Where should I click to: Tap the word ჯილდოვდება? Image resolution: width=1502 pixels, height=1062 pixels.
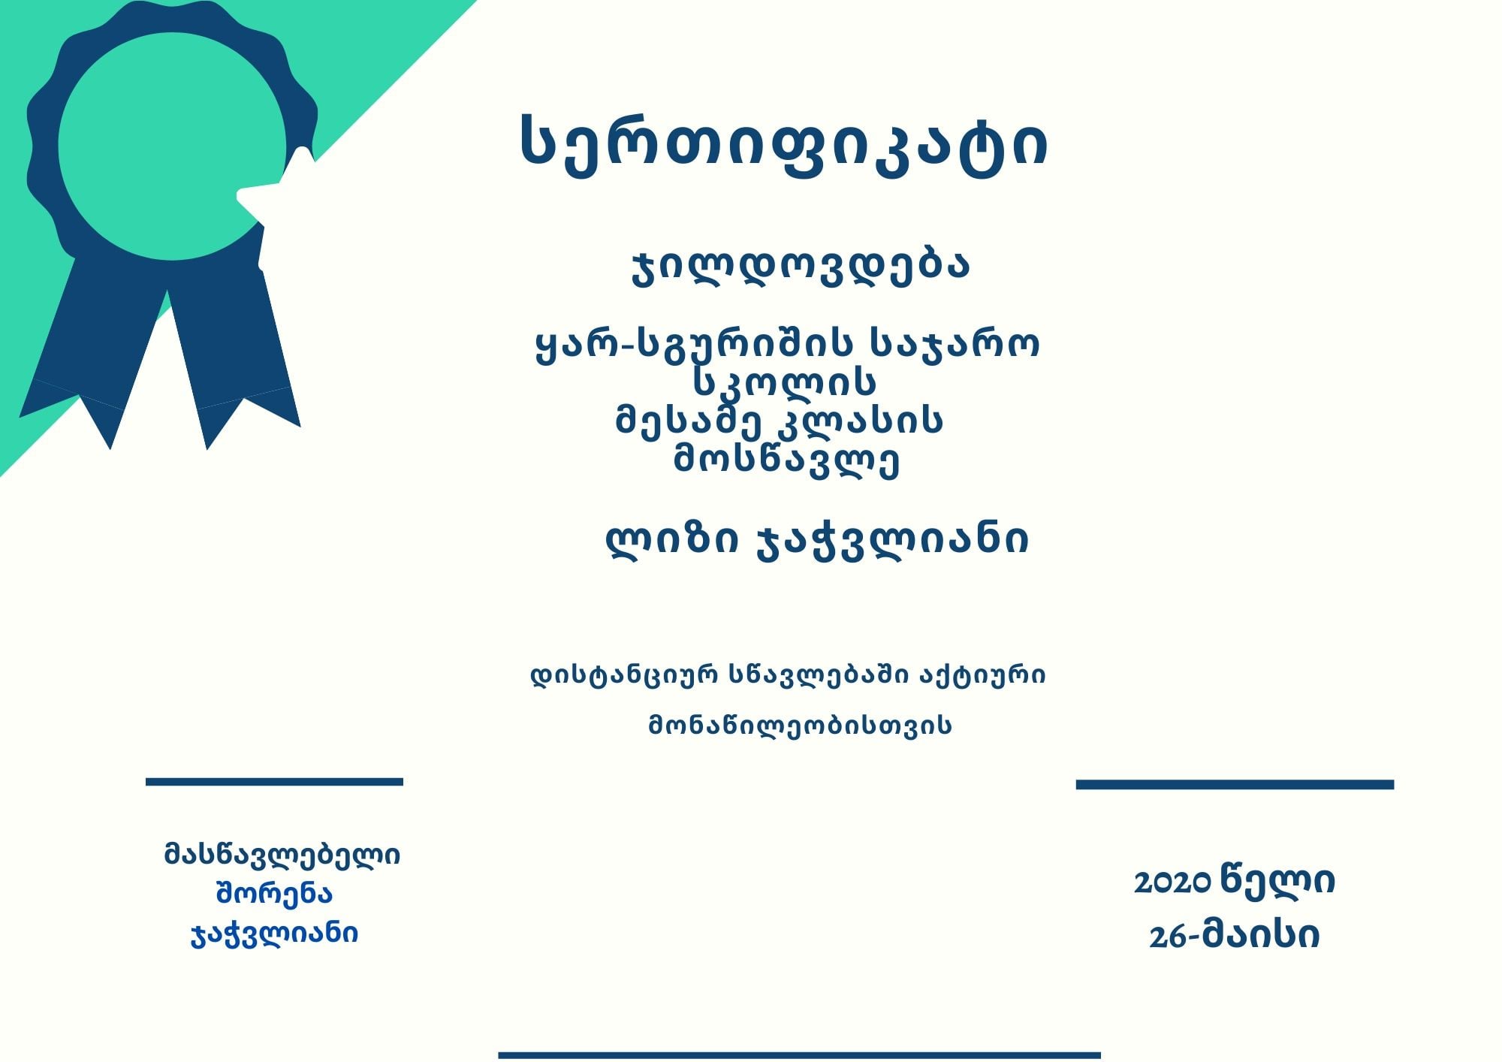point(801,266)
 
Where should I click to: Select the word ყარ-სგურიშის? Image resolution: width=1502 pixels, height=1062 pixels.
point(694,345)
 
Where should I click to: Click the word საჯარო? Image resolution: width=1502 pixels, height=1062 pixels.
point(955,345)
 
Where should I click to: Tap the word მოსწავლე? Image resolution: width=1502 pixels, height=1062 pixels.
point(786,459)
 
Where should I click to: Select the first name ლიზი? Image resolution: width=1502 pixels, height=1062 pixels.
point(671,539)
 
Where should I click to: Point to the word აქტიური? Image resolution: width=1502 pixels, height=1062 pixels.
point(982,675)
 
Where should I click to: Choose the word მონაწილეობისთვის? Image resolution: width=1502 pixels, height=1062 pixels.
point(800,725)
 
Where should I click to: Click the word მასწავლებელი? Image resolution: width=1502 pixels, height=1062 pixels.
point(282,855)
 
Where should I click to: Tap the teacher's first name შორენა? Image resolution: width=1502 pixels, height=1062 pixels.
point(274,894)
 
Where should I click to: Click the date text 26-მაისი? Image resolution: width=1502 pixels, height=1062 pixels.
point(1234,936)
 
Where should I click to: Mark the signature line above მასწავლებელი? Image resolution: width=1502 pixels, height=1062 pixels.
point(274,782)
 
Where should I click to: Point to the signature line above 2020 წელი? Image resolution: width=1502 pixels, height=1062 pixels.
point(1235,784)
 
